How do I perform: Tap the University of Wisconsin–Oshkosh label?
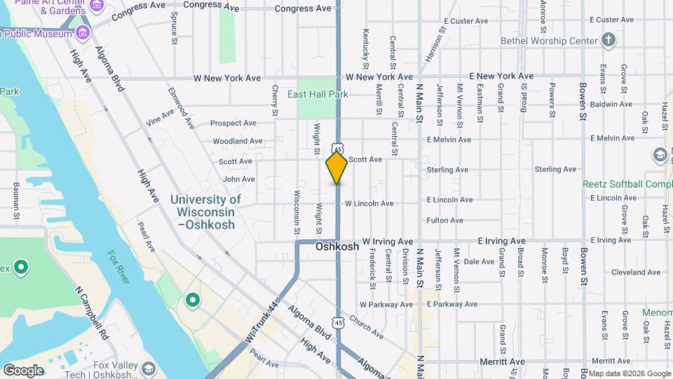(x=205, y=212)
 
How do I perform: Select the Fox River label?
(x=118, y=267)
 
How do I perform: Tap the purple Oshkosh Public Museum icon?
(x=83, y=32)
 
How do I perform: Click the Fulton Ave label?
(x=444, y=220)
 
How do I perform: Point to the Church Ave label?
(x=366, y=326)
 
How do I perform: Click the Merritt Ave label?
(x=503, y=361)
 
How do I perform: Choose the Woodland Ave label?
(x=238, y=141)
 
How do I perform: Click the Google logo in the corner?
(x=23, y=370)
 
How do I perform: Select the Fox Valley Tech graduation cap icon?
(x=149, y=368)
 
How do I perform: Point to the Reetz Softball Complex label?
(x=627, y=184)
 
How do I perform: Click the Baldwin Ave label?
(x=611, y=104)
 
